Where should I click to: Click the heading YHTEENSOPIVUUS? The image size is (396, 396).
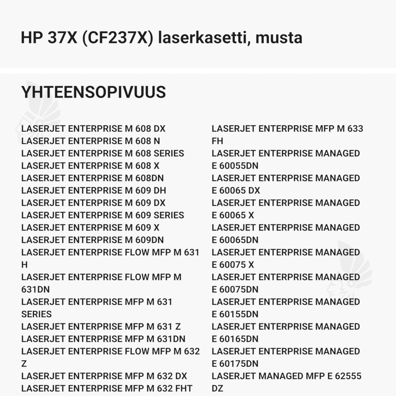(93, 92)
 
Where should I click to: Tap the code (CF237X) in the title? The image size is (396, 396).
(117, 38)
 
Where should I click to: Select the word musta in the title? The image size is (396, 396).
(279, 38)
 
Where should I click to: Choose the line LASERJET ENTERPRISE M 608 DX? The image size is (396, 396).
(93, 129)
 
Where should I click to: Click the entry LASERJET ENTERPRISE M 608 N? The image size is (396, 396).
(91, 141)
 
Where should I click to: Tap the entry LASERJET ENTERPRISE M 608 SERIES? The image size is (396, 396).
(103, 153)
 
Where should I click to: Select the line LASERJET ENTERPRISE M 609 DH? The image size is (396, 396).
(93, 191)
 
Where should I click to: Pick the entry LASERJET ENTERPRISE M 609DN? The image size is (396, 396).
(92, 240)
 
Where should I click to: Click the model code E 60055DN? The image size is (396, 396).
(235, 166)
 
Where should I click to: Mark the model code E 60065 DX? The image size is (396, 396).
(236, 191)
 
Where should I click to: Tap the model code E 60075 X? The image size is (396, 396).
(233, 265)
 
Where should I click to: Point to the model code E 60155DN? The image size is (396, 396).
(235, 314)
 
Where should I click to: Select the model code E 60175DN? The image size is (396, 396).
(235, 364)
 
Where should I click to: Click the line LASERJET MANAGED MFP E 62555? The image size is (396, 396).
(286, 376)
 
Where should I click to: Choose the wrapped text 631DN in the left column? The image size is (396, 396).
(36, 290)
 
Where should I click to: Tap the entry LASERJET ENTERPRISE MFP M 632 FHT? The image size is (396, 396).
(107, 388)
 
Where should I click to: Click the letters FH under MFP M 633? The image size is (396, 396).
(217, 141)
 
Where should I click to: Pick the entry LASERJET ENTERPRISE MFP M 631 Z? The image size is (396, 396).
(101, 327)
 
